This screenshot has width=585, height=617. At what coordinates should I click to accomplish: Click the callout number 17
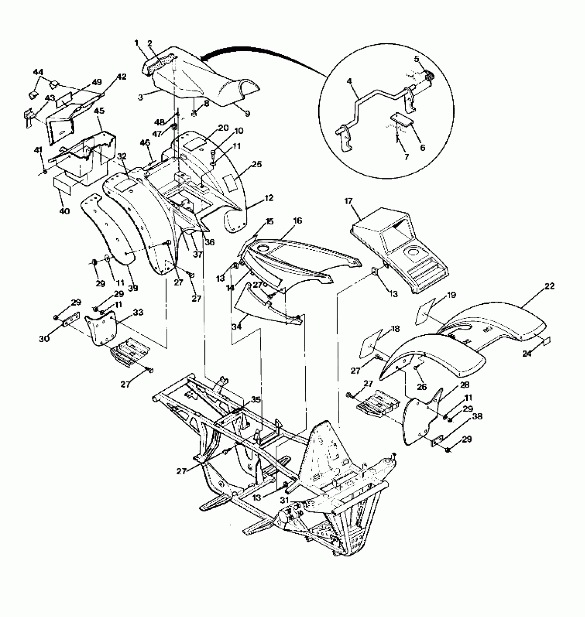pos(349,201)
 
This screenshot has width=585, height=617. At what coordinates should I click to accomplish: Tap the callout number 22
pos(550,286)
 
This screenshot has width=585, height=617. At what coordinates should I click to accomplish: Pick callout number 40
pos(64,211)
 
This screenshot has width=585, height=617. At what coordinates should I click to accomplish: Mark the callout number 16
pos(298,220)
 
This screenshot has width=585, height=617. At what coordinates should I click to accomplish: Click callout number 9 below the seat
pos(247,113)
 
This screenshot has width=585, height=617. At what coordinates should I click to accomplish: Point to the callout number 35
pos(256,400)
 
